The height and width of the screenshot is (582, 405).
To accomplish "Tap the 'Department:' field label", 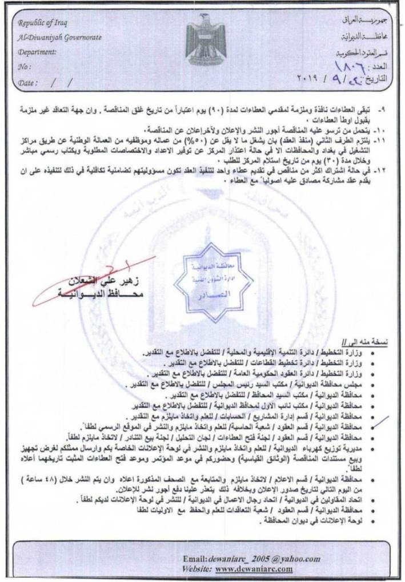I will [x=37, y=51].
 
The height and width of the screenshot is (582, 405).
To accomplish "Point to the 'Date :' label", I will [x=29, y=82].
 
